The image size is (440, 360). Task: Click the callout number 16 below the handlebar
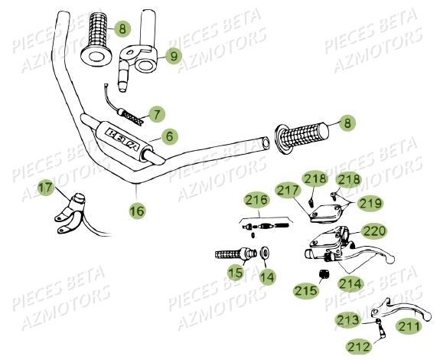point(136,208)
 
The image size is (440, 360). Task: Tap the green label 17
point(45,186)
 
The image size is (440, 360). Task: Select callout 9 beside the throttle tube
point(172,55)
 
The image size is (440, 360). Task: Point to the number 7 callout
point(157,115)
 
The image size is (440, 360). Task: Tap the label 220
point(374,231)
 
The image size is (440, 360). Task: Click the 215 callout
point(304,290)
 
